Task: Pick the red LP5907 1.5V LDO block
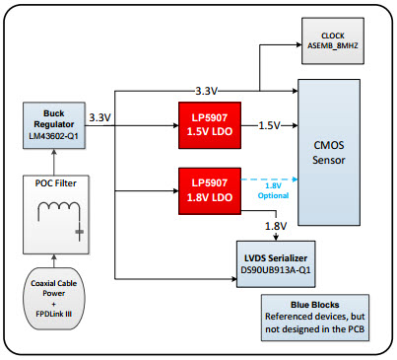pos(210,124)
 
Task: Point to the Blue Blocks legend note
pos(314,315)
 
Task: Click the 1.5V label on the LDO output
pos(269,125)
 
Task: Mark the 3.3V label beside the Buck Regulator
pos(100,117)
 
